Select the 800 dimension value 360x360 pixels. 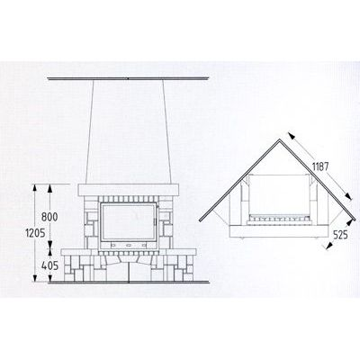pos(49,217)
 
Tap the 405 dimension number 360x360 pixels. pos(49,265)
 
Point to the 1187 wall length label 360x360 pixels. pos(319,166)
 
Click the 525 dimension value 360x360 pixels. pos(340,235)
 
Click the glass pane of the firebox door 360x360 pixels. pos(128,221)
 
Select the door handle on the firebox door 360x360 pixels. pos(156,221)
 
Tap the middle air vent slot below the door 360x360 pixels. pos(129,245)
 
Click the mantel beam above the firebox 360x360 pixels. pos(129,190)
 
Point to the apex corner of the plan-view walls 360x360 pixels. pos(280,139)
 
